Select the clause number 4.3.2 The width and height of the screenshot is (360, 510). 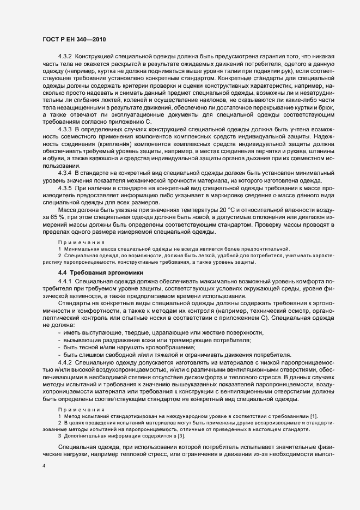tap(66, 57)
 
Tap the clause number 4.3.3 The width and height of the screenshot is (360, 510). tap(66, 129)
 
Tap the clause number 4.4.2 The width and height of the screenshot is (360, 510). tap(66, 362)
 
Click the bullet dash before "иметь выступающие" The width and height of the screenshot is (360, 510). tap(58, 333)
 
